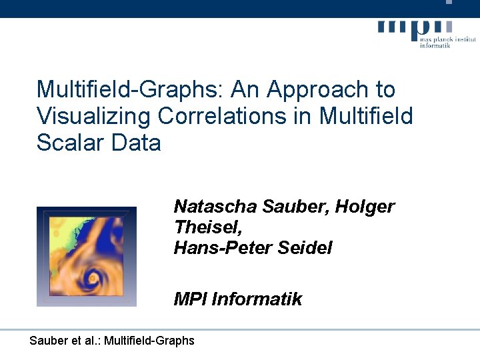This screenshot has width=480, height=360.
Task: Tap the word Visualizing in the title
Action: point(93,117)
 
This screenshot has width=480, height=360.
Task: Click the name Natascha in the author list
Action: point(215,207)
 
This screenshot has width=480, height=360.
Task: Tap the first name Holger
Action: point(365,207)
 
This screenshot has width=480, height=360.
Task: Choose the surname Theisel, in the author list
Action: point(207,227)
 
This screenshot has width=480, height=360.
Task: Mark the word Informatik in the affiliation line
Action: point(257,299)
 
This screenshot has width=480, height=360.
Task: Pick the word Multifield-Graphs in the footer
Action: point(153,341)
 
